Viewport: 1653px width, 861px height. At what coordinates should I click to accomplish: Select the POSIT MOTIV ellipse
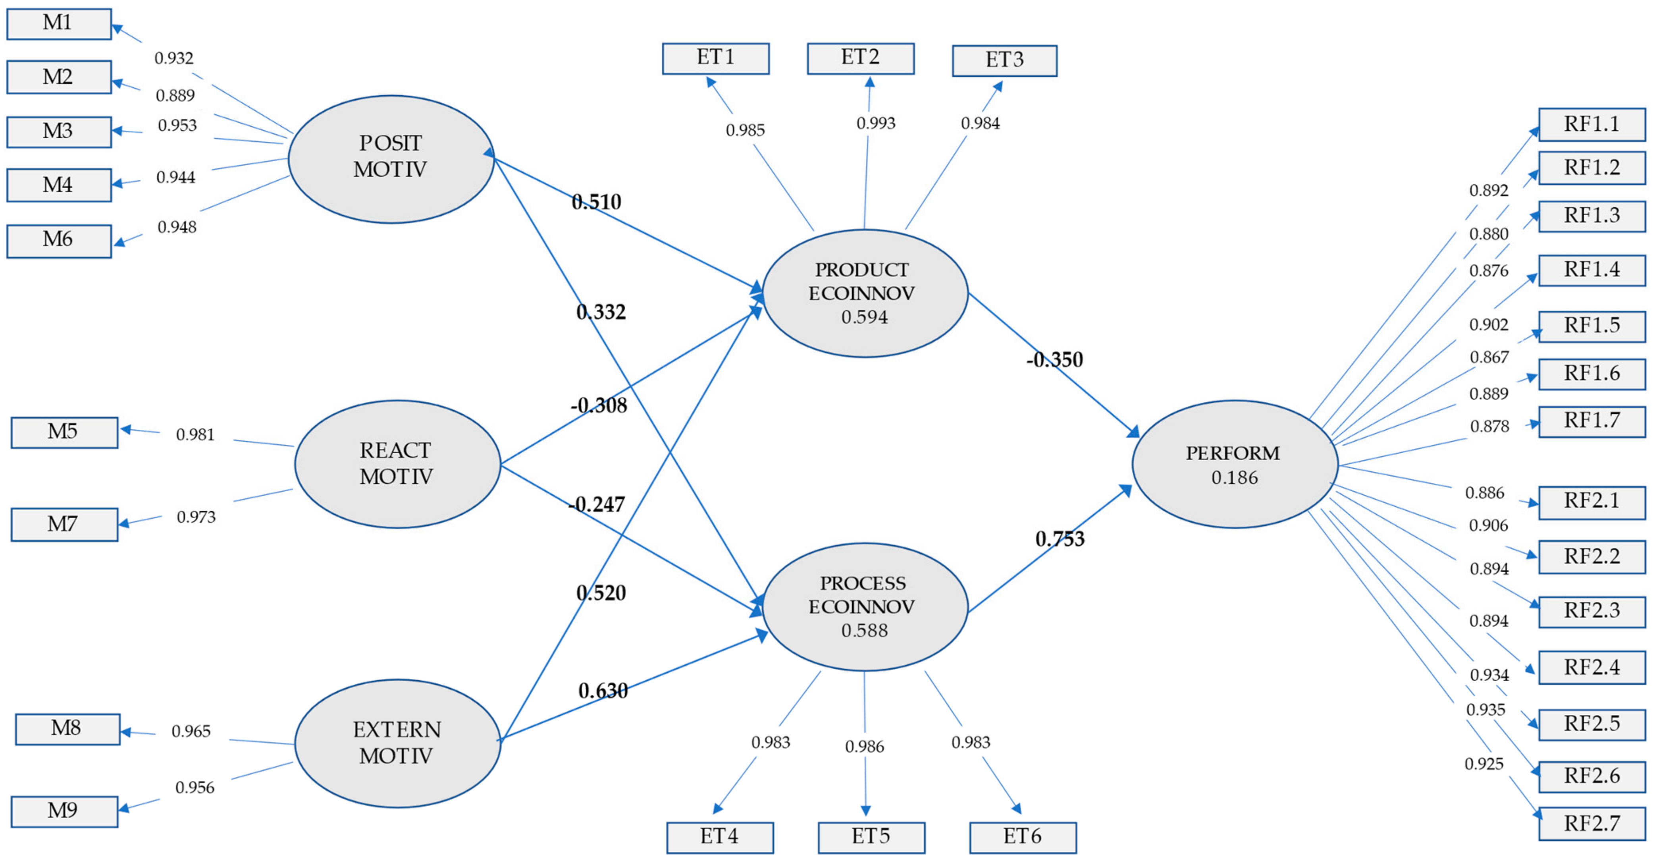tap(391, 159)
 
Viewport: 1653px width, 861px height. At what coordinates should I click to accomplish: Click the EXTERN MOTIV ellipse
tap(397, 743)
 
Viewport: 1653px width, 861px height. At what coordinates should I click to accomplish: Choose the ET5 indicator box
tap(871, 837)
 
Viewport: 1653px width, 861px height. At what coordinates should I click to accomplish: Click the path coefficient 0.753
tap(1060, 539)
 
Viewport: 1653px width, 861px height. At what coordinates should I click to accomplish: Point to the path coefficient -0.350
tap(1054, 359)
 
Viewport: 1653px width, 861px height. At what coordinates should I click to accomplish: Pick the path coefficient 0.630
tap(603, 691)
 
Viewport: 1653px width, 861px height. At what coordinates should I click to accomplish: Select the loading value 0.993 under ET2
tap(875, 123)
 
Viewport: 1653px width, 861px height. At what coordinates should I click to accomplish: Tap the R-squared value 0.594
tap(864, 317)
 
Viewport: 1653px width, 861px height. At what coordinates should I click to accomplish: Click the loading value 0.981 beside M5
tap(195, 435)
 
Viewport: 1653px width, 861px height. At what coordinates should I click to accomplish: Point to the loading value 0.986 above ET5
tap(864, 747)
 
